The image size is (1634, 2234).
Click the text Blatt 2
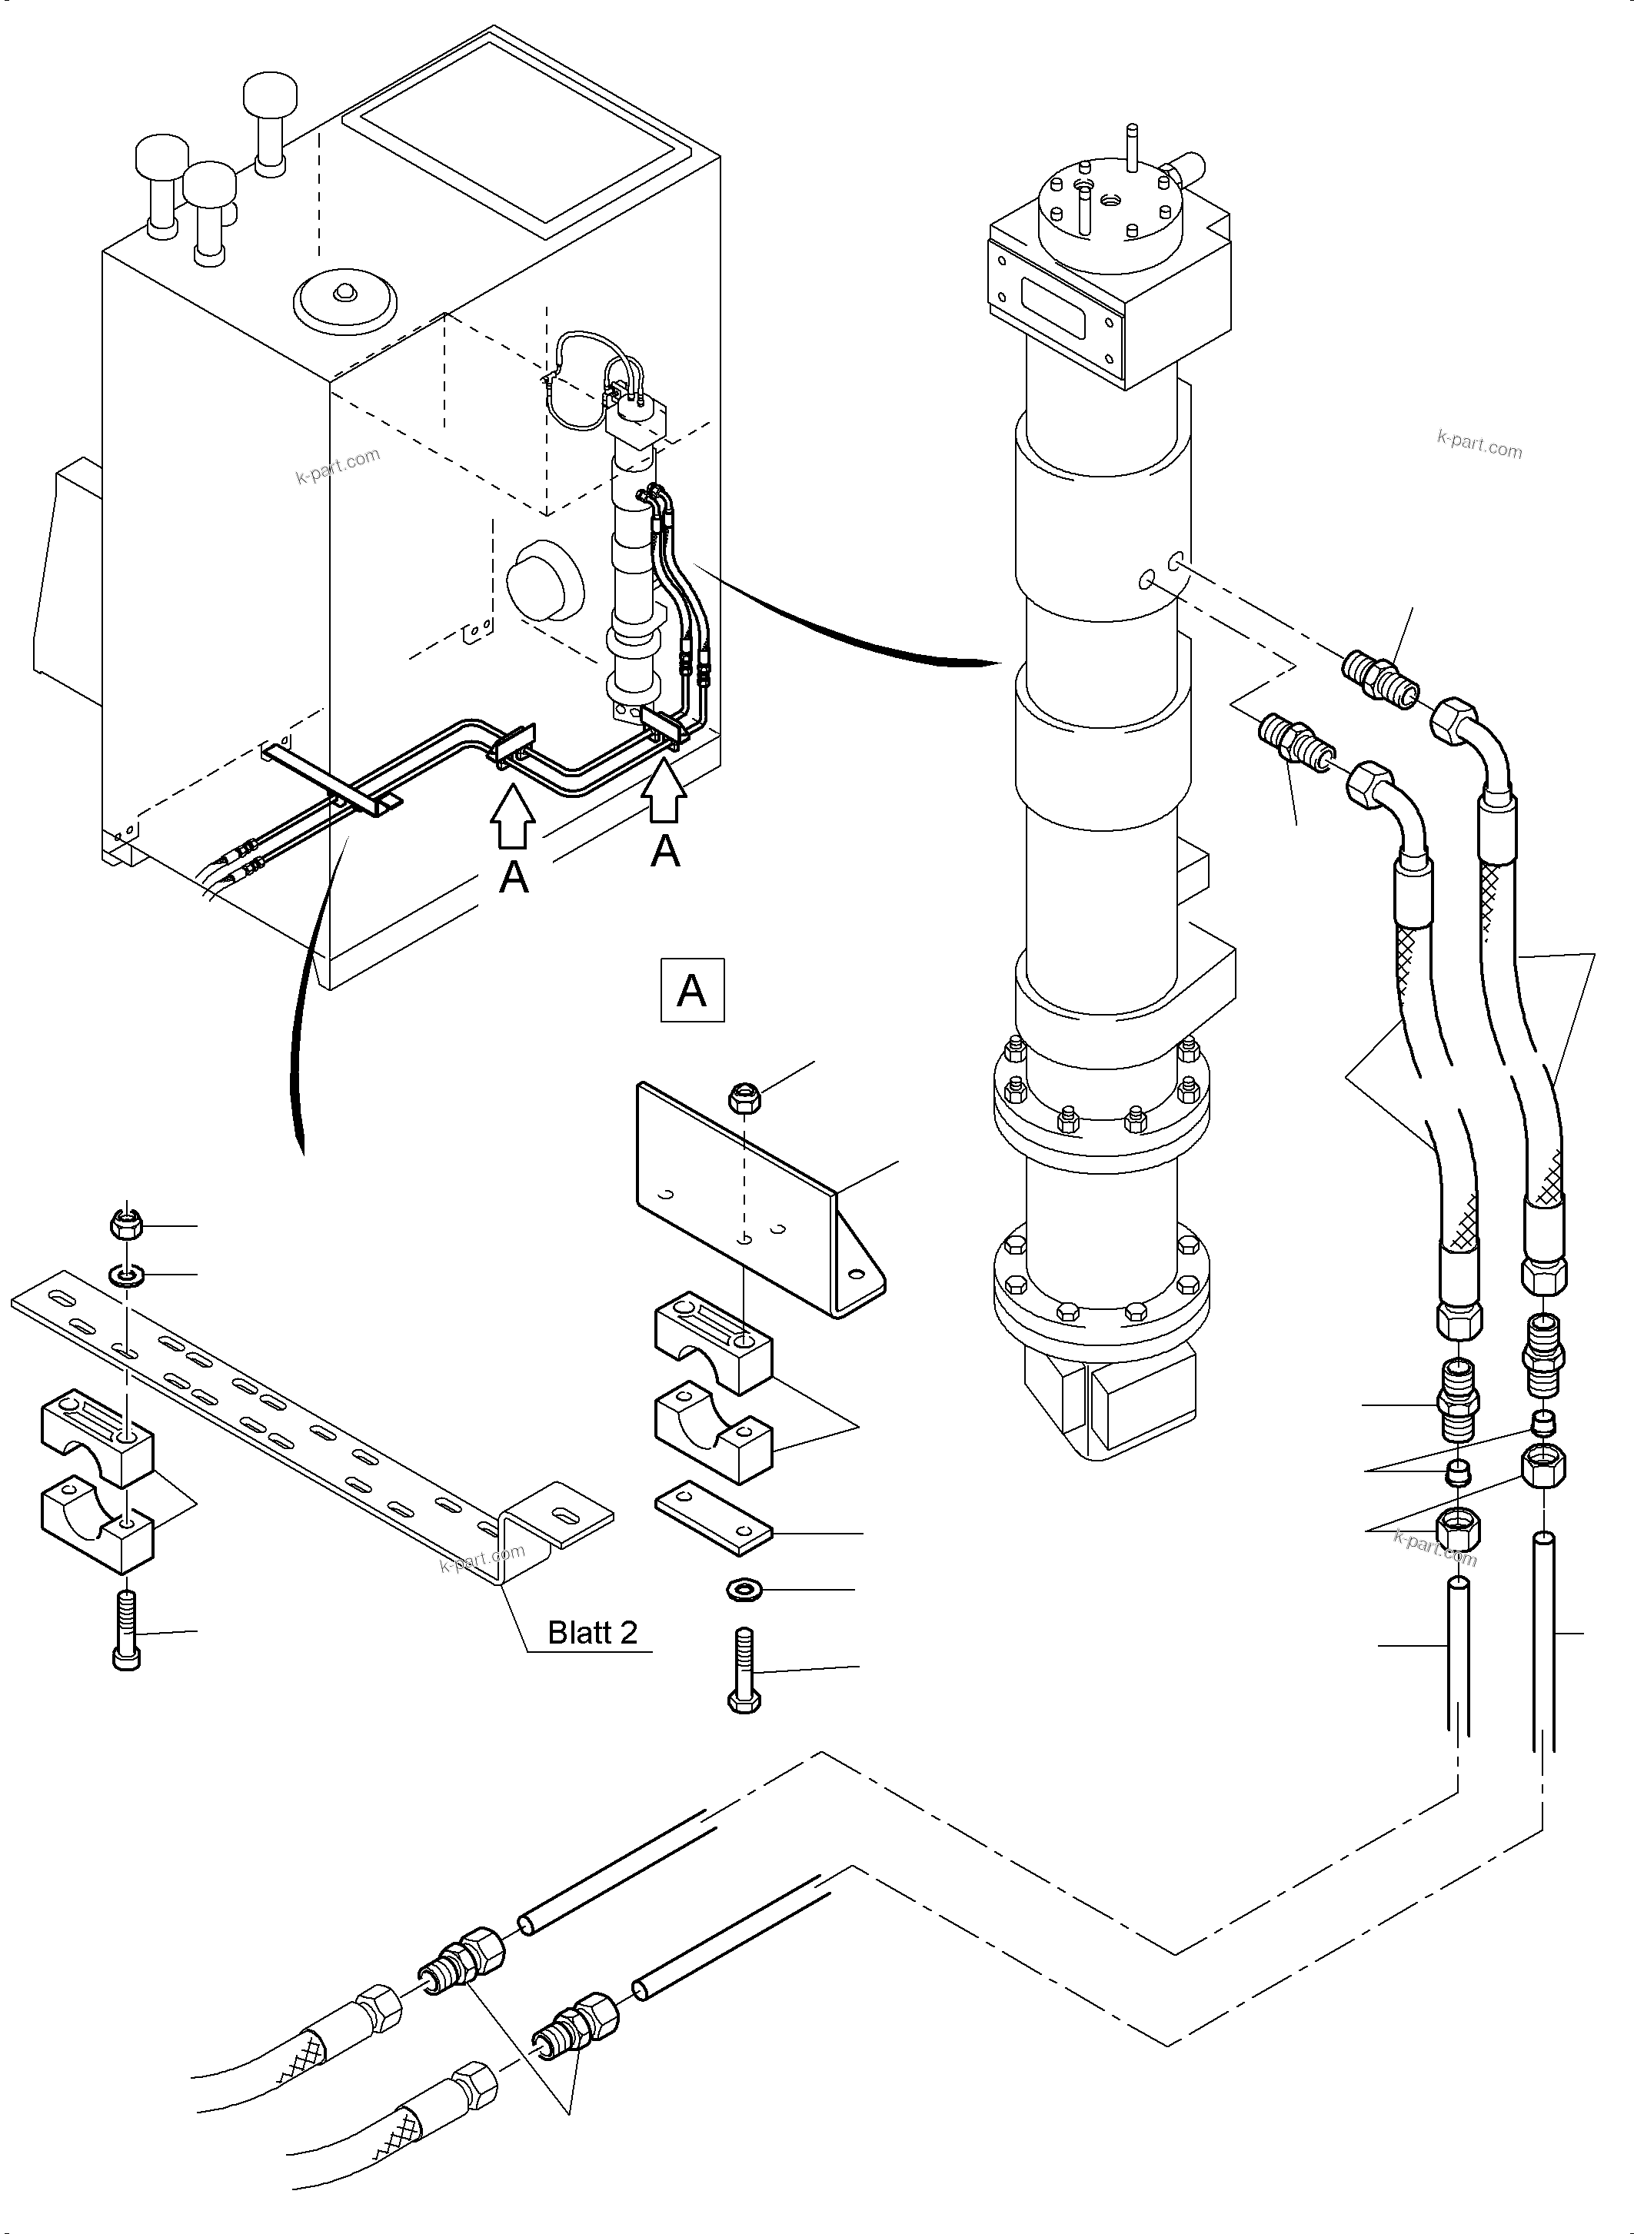click(593, 1632)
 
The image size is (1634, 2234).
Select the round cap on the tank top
click(345, 297)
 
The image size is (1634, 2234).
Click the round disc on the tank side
click(543, 581)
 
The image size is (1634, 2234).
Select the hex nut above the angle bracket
click(743, 1097)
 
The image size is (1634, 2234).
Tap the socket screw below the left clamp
click(128, 1630)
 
